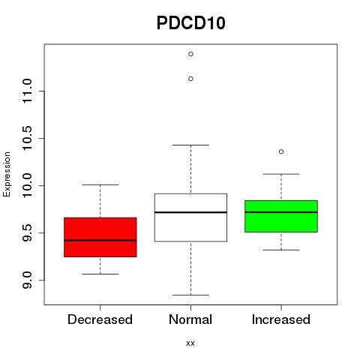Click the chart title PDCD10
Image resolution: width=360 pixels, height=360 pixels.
(191, 23)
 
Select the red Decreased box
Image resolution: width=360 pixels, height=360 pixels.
(100, 237)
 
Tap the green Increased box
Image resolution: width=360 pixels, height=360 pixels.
(281, 216)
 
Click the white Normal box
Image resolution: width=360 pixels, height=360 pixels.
(190, 217)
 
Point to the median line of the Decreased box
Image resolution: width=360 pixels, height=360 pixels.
(100, 241)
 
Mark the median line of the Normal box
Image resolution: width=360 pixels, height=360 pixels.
(190, 212)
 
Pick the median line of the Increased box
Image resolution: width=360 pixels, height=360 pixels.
(281, 212)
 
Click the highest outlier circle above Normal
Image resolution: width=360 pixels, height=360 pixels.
(190, 54)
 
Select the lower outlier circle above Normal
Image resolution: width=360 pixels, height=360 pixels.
(190, 79)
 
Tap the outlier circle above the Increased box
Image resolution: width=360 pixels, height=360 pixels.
(281, 151)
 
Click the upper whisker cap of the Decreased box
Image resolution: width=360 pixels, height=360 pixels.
(100, 184)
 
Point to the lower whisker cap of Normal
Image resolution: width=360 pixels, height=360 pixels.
(190, 295)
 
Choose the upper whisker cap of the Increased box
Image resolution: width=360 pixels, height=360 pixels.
(281, 174)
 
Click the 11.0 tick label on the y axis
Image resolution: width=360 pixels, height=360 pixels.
(27, 91)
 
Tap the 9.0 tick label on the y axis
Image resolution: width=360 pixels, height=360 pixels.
(27, 280)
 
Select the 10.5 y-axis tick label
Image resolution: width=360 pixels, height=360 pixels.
(27, 138)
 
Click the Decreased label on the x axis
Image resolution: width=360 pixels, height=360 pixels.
(100, 319)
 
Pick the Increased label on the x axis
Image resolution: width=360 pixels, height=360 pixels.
(281, 319)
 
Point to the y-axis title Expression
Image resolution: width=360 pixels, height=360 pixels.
(7, 174)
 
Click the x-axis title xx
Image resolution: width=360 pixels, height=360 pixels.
(190, 343)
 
